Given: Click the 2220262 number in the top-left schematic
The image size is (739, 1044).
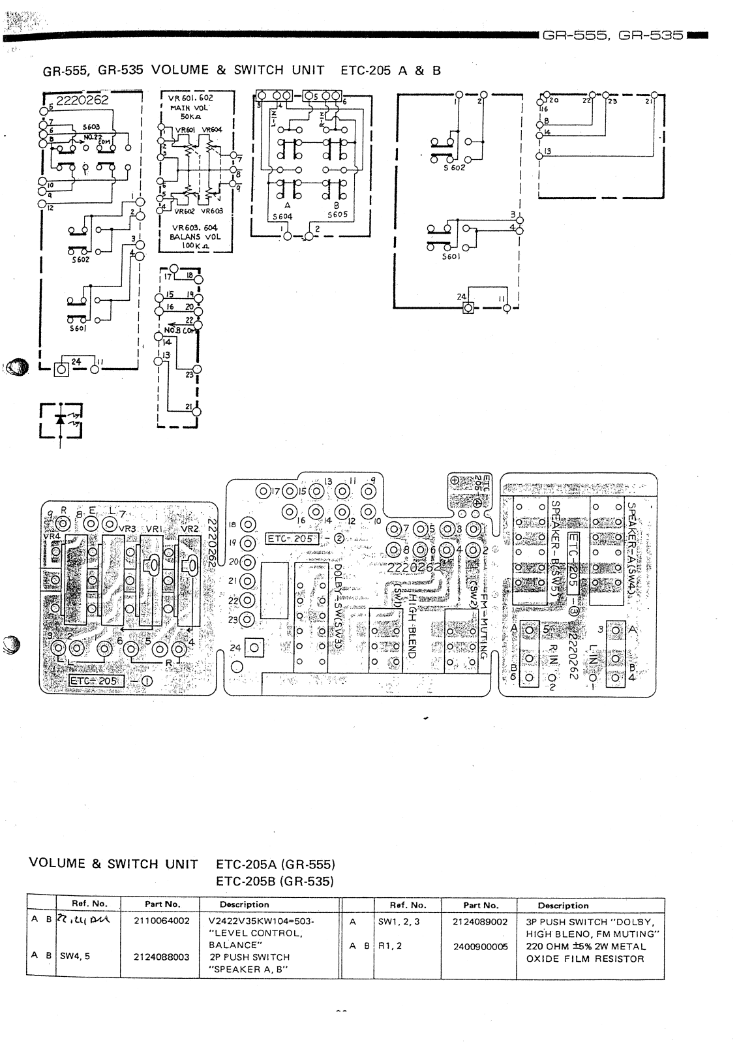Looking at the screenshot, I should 82,100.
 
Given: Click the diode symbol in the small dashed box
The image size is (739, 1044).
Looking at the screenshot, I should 61,420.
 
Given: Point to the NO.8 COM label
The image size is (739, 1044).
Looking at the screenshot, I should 180,330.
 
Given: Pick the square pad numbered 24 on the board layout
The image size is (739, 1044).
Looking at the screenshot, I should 254,648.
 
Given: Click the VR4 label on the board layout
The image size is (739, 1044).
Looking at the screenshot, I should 51,536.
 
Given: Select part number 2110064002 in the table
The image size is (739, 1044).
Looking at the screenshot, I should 162,921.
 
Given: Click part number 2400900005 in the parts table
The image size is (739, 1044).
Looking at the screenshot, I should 481,946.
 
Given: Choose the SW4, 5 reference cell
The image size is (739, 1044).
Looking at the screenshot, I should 75,957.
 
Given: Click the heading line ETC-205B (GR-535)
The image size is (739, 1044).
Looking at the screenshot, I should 275,881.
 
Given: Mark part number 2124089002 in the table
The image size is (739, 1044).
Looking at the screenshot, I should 480,922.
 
